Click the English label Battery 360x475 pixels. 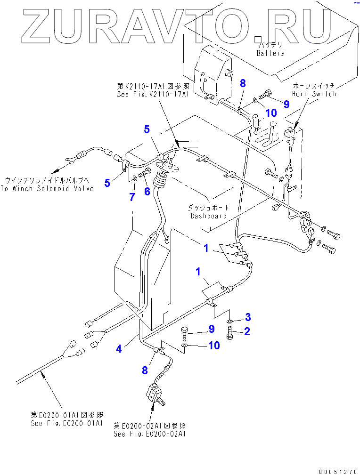[x=270, y=53]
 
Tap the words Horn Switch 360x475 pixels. [x=314, y=94]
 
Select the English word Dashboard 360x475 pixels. [x=209, y=216]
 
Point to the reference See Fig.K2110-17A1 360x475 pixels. [x=153, y=94]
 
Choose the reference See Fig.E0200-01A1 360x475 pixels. [x=67, y=423]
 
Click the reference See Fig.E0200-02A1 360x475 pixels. [x=150, y=434]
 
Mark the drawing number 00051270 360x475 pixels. [x=337, y=470]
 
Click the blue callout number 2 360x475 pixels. [x=246, y=331]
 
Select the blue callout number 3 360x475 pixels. [x=247, y=316]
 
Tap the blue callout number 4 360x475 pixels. [x=120, y=349]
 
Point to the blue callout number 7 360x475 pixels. [x=132, y=197]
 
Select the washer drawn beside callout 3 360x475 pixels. [x=229, y=321]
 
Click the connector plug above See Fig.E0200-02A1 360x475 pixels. [x=155, y=393]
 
